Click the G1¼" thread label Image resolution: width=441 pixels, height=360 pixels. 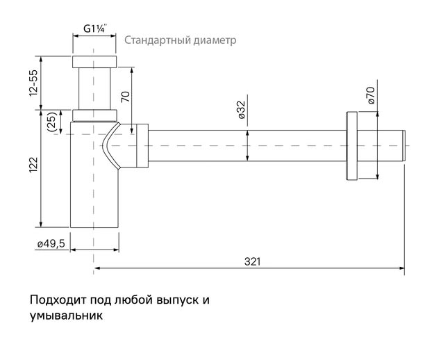tap(94, 29)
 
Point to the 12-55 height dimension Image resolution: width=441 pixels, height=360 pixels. tap(33, 84)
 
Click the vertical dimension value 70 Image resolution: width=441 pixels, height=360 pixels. tap(125, 96)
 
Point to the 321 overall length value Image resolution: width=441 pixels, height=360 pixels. tap(252, 261)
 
